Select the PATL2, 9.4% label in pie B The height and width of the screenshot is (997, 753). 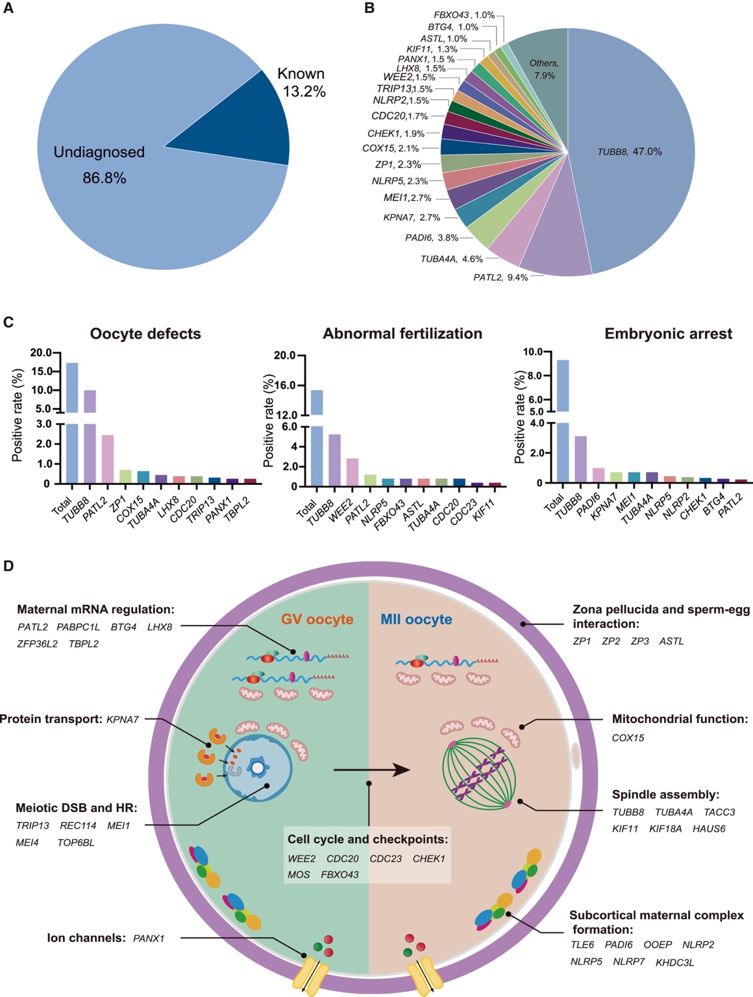500,278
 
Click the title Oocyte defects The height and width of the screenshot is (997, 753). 145,334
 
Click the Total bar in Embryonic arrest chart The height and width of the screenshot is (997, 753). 563,422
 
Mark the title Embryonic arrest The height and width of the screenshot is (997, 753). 668,334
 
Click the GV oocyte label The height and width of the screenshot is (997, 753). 317,619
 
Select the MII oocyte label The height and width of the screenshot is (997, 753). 416,619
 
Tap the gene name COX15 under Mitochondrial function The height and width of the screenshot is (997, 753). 628,738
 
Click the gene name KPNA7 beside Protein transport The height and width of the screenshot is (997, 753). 123,719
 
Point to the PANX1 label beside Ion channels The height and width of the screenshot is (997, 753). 149,938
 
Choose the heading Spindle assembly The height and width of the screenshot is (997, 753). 665,794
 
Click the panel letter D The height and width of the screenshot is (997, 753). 8,566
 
